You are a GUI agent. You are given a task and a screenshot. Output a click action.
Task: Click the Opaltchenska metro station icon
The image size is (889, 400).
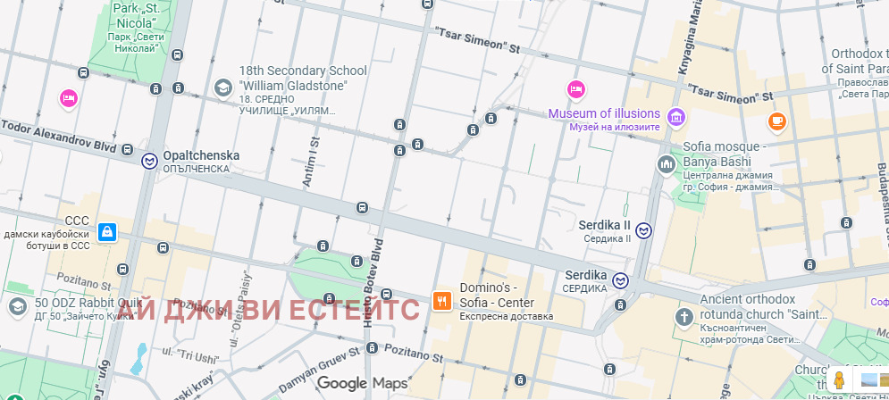point(150,161)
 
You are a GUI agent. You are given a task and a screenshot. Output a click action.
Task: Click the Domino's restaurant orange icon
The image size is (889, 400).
point(441,301)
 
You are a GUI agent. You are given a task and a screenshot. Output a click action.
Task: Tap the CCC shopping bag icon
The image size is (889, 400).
point(107,232)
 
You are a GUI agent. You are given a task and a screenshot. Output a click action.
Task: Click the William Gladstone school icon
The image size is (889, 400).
point(222,87)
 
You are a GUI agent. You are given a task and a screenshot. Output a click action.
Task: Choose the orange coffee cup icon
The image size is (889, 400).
point(776,121)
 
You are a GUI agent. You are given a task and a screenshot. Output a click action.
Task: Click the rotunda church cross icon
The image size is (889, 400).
point(684,316)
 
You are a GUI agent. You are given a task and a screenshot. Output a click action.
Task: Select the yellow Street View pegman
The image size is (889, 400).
point(839,380)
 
